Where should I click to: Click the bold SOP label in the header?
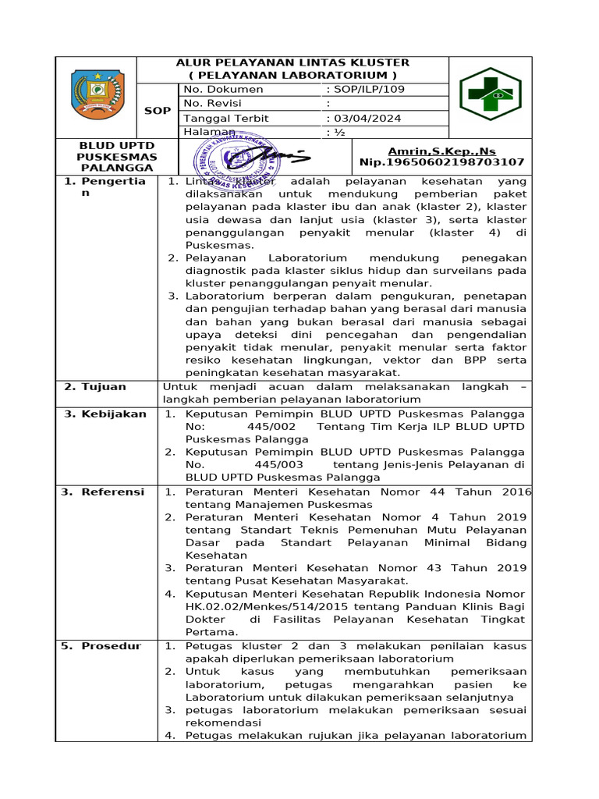[x=158, y=111]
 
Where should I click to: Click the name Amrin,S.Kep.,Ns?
[x=441, y=151]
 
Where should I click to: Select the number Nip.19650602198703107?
[x=441, y=162]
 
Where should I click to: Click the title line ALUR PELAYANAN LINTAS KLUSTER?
[x=292, y=62]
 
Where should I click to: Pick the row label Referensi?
[x=107, y=492]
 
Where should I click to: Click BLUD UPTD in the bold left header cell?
[x=106, y=146]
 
